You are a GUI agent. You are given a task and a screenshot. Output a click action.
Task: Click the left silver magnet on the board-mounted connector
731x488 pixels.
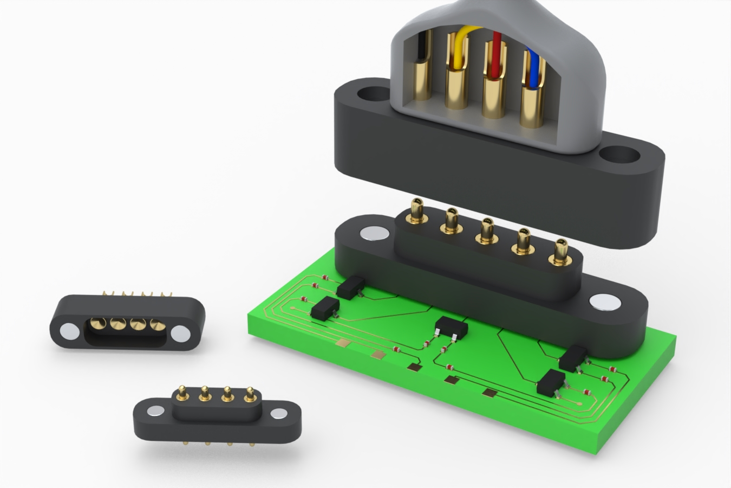374,233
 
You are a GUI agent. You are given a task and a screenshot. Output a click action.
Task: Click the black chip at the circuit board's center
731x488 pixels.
451,327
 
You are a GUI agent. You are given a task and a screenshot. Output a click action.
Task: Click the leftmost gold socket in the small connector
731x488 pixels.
98,324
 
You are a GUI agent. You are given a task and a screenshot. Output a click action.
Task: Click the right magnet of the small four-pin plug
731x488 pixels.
279,414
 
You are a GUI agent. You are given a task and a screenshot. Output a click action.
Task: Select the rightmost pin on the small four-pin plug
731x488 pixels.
250,394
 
